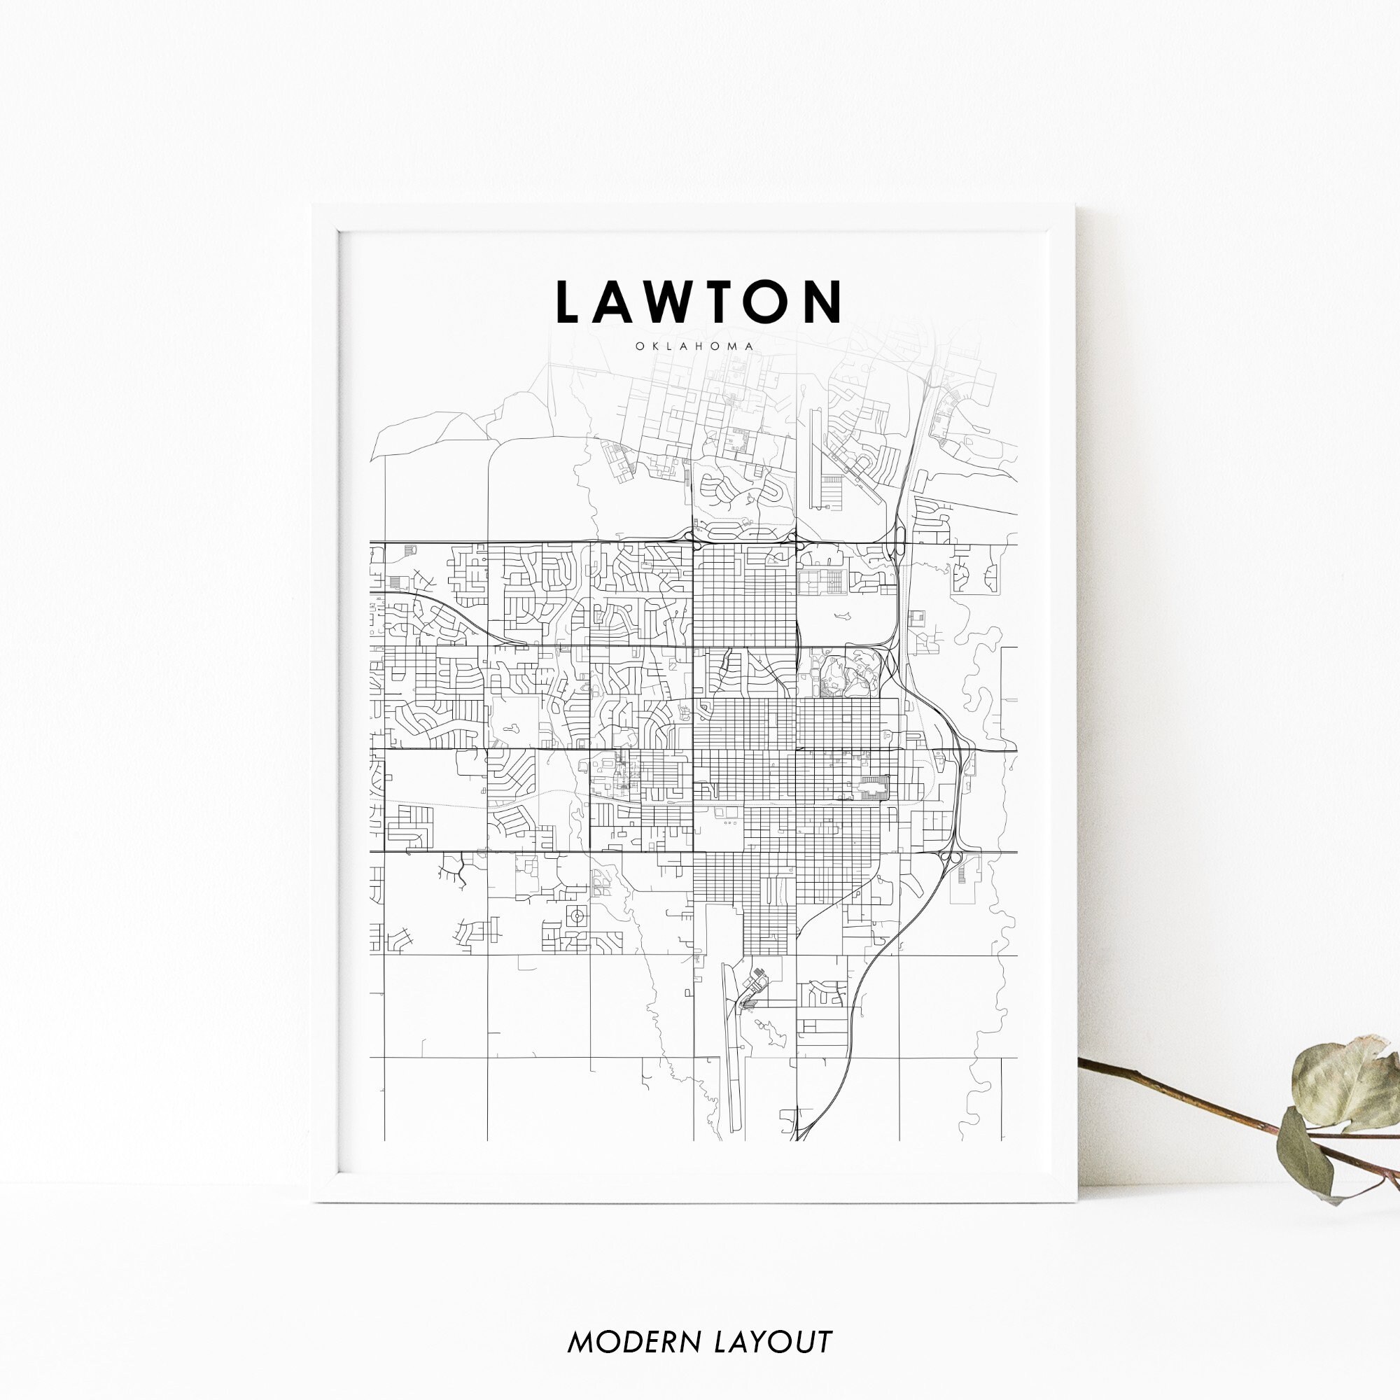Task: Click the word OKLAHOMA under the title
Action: [x=695, y=346]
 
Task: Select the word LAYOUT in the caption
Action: [x=773, y=1321]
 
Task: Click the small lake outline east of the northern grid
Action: [x=843, y=616]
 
